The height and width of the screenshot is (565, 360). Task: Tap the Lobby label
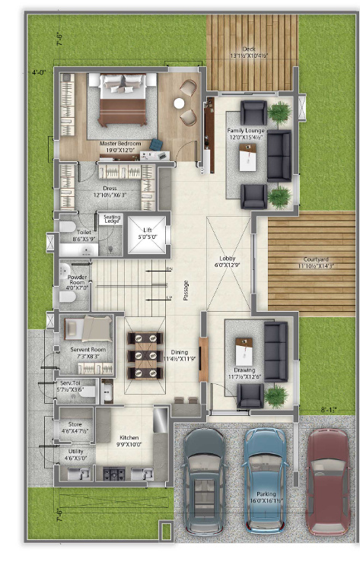pos(228,262)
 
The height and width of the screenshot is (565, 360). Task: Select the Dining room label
pos(180,354)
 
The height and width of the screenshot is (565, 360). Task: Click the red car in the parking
pos(327,479)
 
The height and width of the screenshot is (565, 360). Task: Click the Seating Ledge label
pos(112,220)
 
